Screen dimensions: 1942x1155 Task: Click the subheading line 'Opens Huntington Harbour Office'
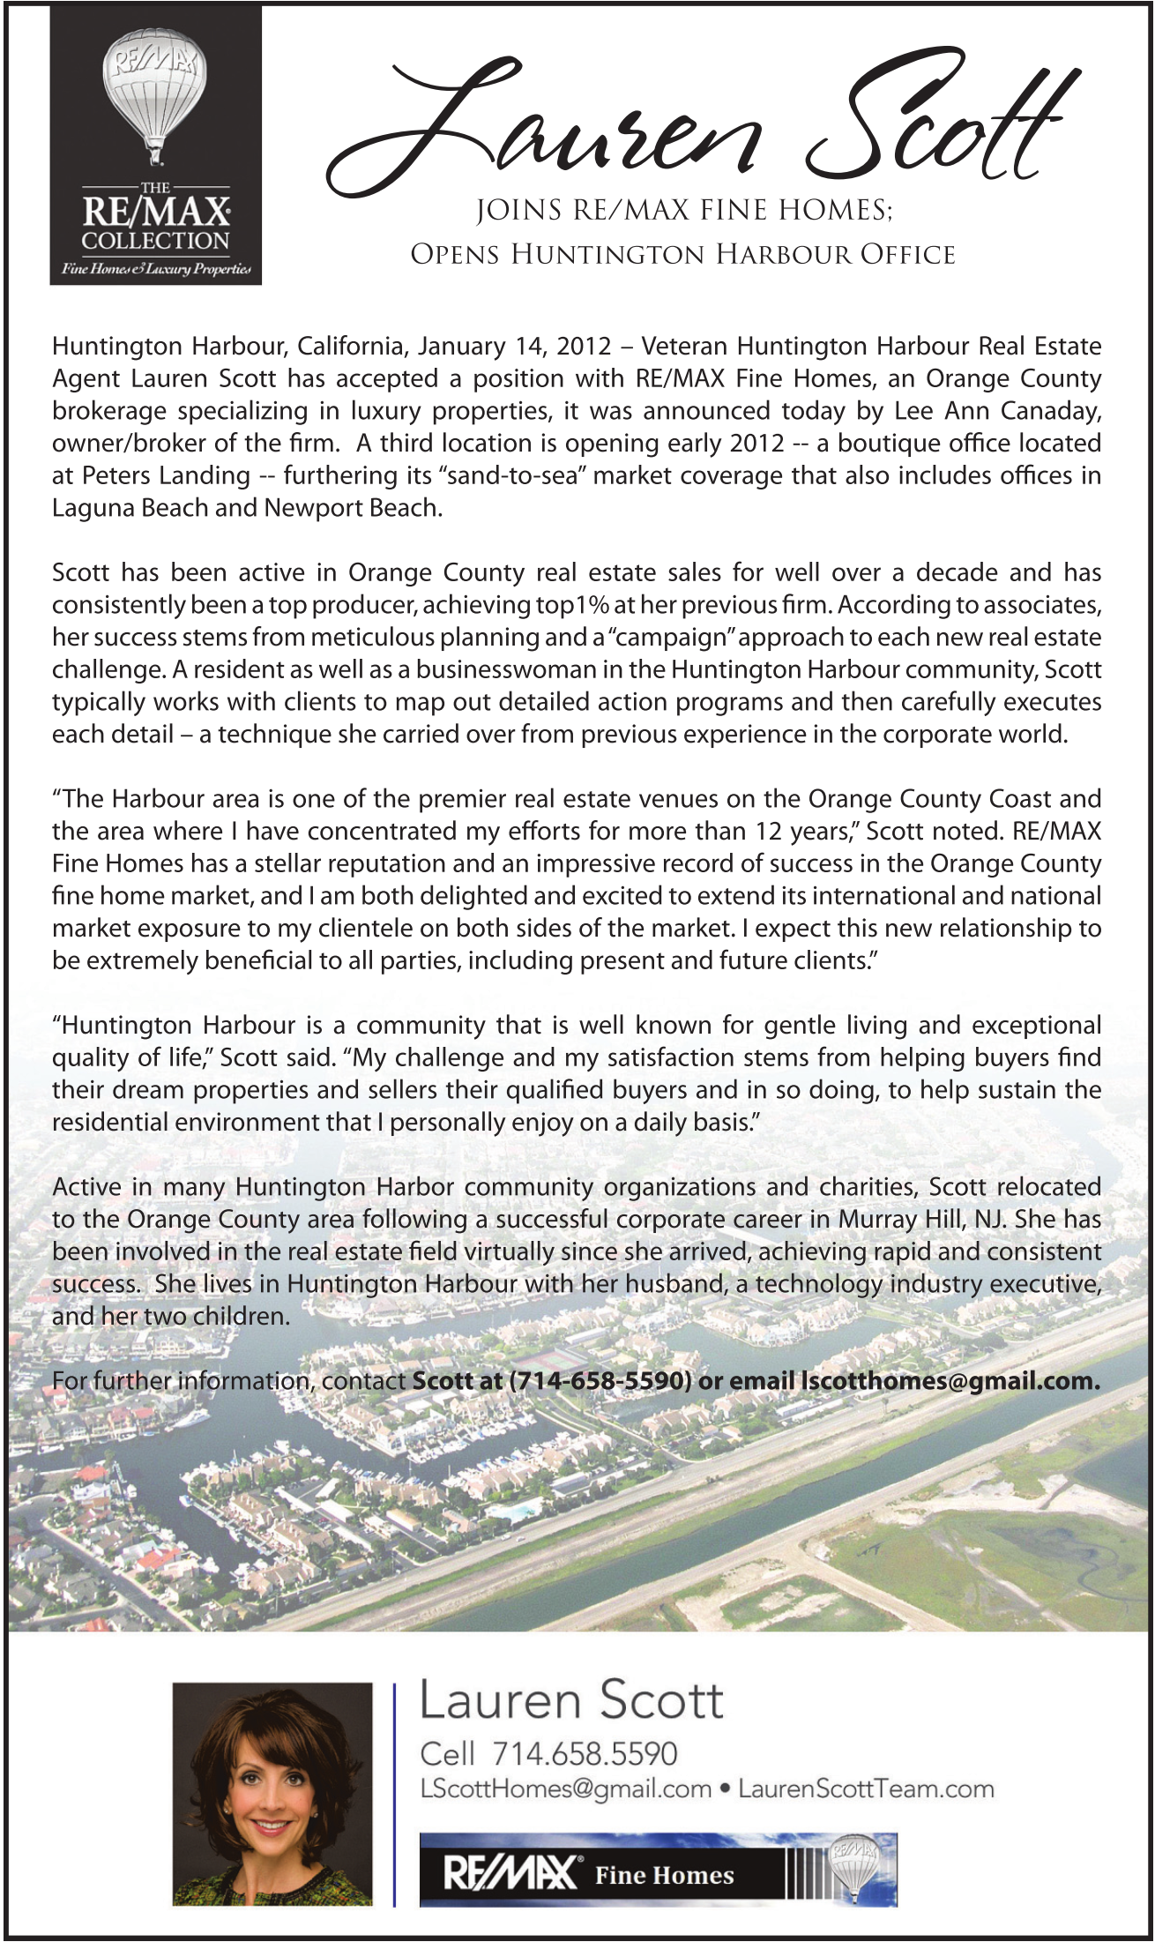point(682,255)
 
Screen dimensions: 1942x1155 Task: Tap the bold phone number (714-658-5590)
point(600,1381)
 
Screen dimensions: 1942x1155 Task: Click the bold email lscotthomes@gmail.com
point(949,1381)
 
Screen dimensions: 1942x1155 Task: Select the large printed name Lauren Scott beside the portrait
point(570,1700)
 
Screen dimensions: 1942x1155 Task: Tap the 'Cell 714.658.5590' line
point(548,1753)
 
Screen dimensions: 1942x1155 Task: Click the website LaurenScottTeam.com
point(866,1789)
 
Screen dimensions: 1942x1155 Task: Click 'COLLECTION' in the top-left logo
point(155,241)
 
